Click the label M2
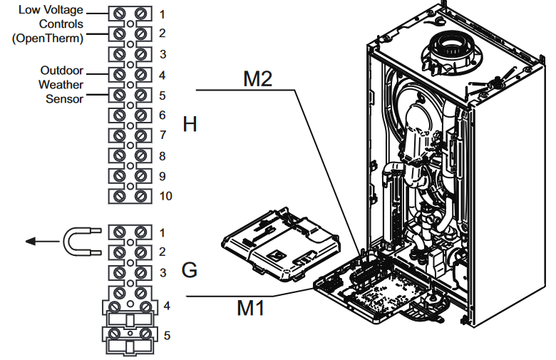(258, 79)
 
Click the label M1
(251, 308)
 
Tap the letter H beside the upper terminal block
(189, 125)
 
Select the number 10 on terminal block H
(165, 195)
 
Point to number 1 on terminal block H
(163, 14)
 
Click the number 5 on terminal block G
(167, 334)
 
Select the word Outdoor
(62, 71)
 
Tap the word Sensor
(65, 98)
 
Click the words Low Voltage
(50, 11)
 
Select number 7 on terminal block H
(163, 135)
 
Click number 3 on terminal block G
(163, 272)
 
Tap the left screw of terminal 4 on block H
(120, 74)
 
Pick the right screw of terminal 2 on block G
(141, 252)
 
